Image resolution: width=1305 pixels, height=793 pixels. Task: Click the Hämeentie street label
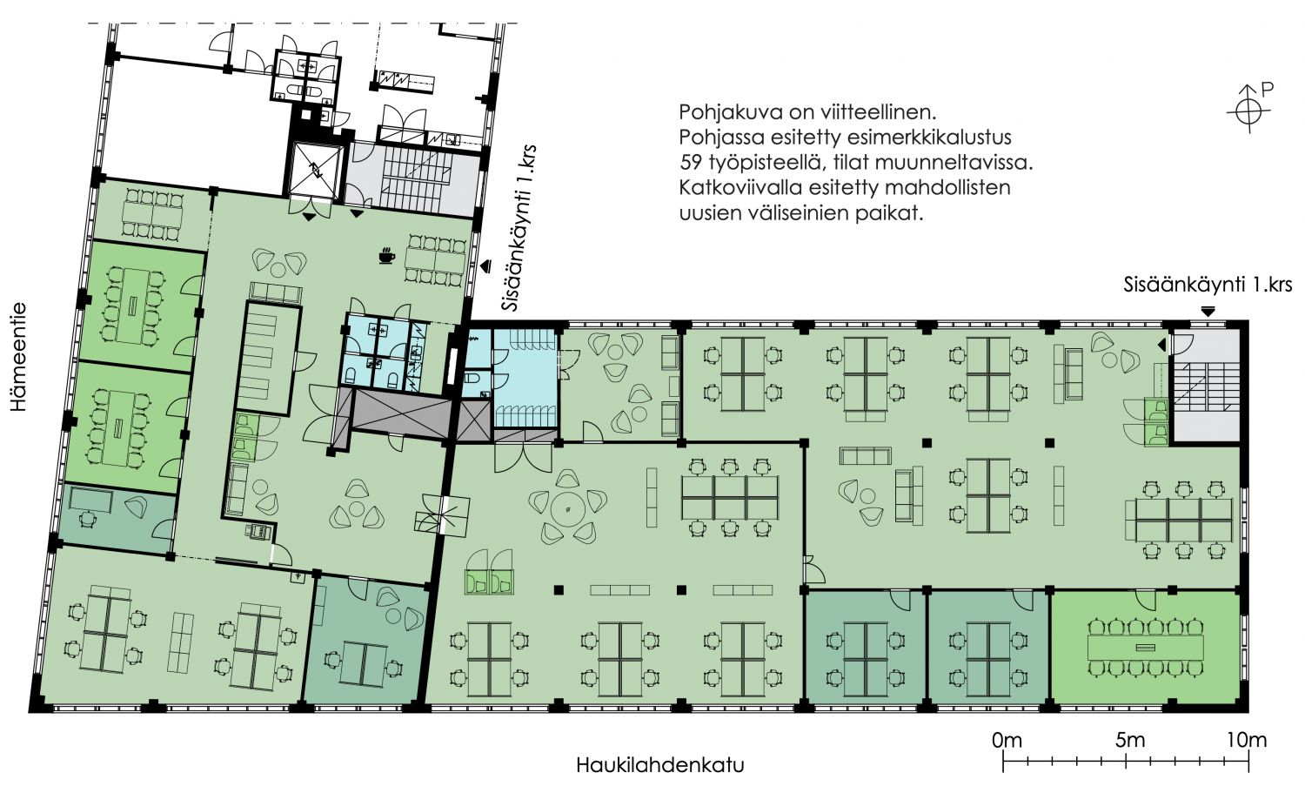click(18, 357)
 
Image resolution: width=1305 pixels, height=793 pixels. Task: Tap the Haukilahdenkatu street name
click(660, 764)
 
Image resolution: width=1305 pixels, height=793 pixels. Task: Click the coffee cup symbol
click(386, 255)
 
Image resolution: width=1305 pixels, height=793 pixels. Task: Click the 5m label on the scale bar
click(1129, 740)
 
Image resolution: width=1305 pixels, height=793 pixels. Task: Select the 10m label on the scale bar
click(1247, 740)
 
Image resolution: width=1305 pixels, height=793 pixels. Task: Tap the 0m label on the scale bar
click(1007, 740)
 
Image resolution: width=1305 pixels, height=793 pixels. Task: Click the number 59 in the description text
click(691, 163)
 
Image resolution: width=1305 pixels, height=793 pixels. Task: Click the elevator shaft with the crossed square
click(315, 170)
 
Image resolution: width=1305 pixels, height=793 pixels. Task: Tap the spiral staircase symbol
click(442, 514)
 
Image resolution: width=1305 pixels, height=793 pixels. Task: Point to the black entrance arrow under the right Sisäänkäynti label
click(1208, 312)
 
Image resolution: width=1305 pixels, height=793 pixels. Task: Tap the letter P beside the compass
click(1267, 89)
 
